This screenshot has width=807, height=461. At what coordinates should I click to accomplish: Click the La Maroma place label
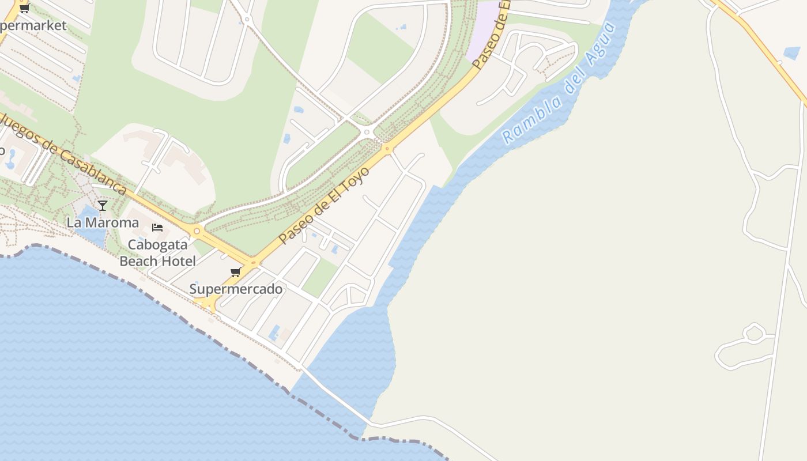tap(103, 222)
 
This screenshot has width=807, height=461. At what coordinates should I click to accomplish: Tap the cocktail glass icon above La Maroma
tap(103, 205)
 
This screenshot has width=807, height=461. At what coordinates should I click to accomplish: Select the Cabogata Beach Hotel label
tap(157, 252)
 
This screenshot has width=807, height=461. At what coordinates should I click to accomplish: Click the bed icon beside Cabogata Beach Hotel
tap(157, 227)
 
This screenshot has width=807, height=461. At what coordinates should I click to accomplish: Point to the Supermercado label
tap(236, 289)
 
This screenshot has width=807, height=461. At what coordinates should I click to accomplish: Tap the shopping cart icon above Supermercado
tap(235, 272)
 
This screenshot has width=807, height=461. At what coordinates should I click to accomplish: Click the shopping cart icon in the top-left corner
tap(24, 8)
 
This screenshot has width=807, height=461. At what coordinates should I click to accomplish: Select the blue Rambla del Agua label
tap(559, 84)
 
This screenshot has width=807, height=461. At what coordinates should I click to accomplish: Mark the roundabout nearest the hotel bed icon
tap(197, 231)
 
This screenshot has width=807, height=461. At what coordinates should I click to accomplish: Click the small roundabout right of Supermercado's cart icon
tap(252, 263)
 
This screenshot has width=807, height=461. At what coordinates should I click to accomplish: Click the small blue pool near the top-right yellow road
tap(791, 53)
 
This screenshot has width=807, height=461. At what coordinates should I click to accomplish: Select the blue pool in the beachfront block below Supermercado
tap(274, 333)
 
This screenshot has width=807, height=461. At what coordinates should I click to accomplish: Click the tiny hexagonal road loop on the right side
tap(753, 333)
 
